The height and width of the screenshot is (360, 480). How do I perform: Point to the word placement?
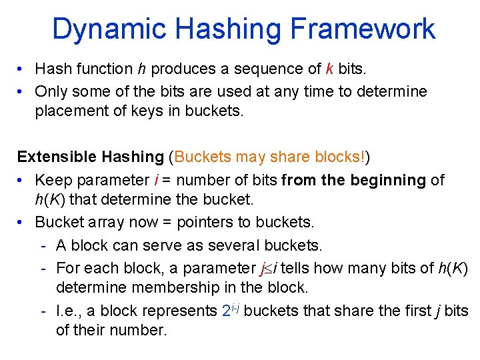point(69,111)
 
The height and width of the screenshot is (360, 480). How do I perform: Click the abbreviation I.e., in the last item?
point(70,311)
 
